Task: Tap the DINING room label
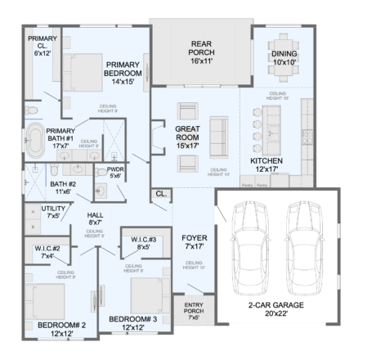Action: pyautogui.click(x=284, y=58)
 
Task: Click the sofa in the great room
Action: pyautogui.click(x=219, y=134)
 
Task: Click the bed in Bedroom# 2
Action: pyautogui.click(x=53, y=301)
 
